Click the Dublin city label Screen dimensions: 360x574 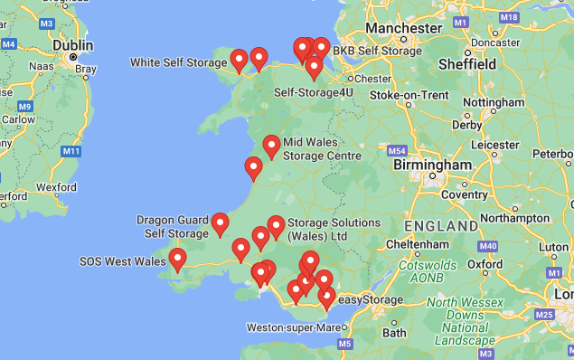tap(72, 44)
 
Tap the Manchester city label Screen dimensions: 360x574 tap(409, 28)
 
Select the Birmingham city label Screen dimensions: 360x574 tap(432, 166)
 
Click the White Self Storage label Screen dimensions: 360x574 tap(177, 62)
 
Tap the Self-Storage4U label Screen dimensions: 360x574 tap(314, 92)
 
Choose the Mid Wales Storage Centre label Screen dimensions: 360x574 tap(322, 149)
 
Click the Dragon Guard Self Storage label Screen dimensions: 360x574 tap(173, 226)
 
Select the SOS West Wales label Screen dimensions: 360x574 tap(123, 261)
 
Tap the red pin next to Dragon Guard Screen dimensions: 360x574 tap(220, 224)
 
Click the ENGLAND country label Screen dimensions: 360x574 tap(441, 225)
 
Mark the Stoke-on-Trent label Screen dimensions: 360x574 tap(409, 95)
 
